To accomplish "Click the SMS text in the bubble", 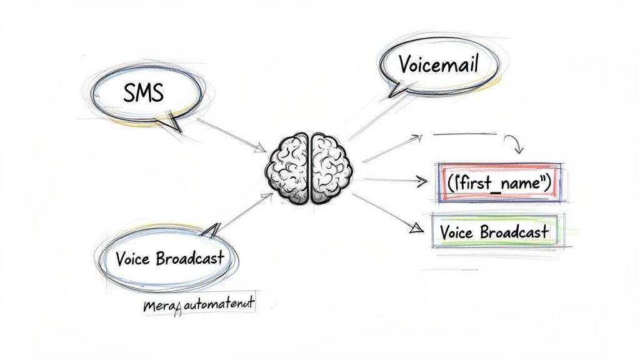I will click(x=143, y=94).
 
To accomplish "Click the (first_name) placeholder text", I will click(x=498, y=183).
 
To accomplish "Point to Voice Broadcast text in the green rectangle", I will click(x=494, y=232).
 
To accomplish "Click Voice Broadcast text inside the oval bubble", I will click(x=169, y=258).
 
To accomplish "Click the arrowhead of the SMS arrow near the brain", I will click(x=261, y=149).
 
